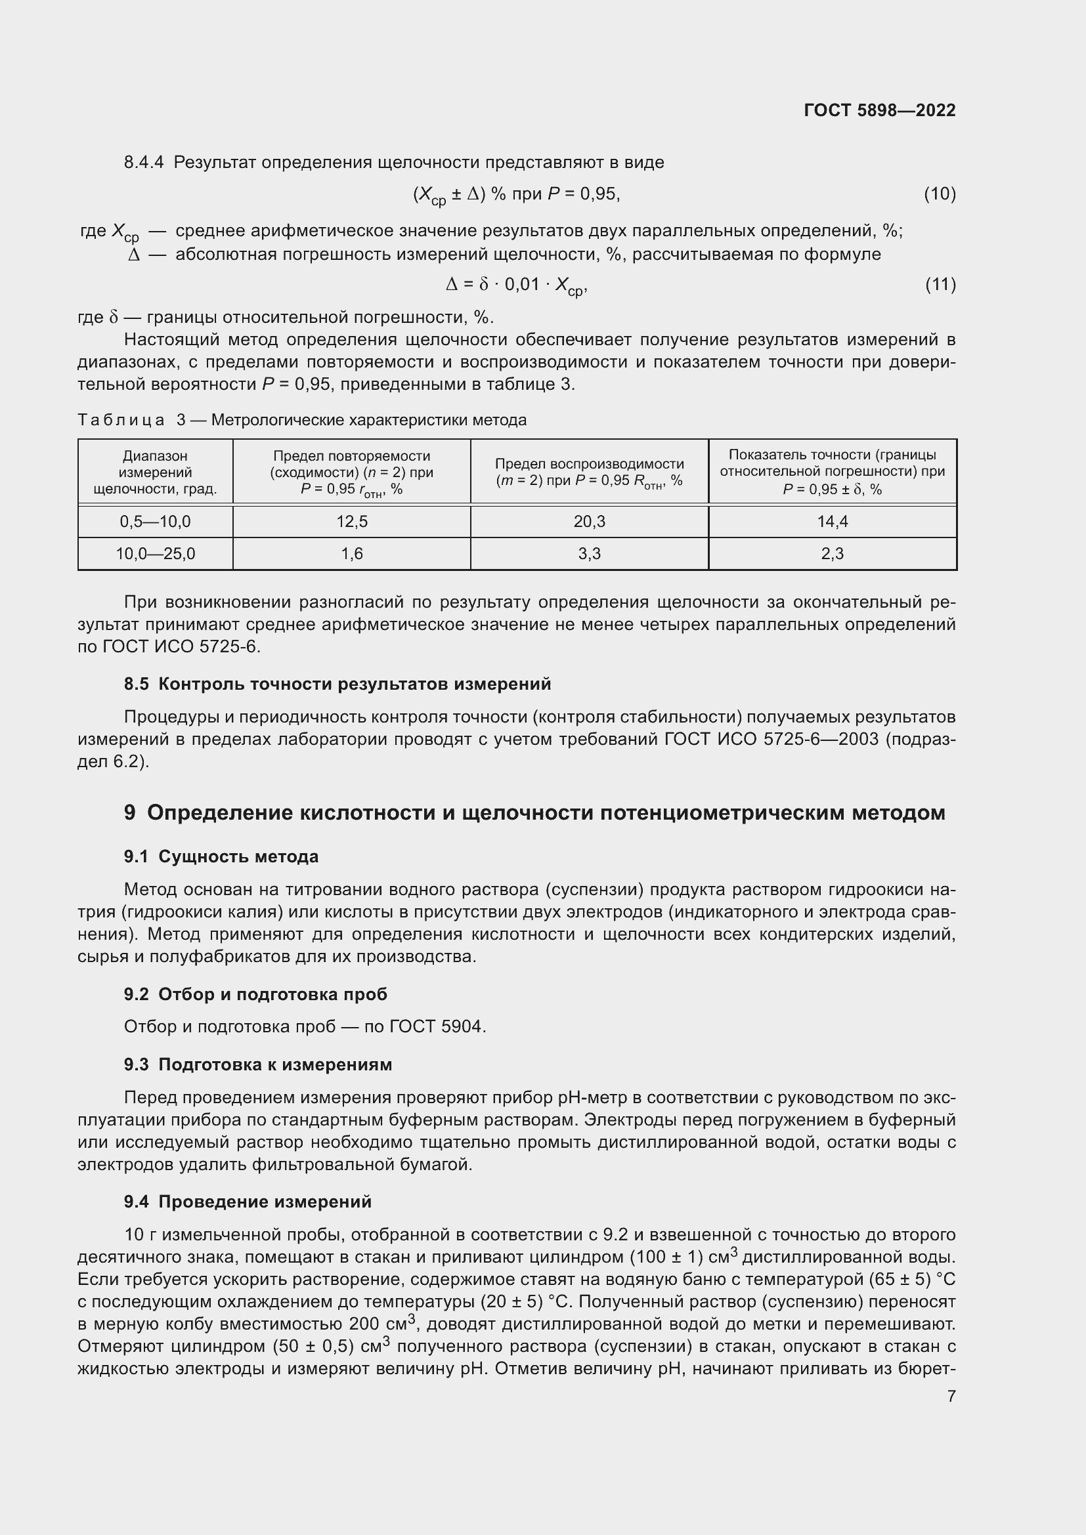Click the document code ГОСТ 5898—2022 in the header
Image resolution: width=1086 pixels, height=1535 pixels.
879,110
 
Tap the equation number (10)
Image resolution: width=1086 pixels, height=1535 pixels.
940,194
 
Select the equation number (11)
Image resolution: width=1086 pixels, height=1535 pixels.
940,285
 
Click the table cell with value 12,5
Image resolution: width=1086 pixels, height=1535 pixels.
352,522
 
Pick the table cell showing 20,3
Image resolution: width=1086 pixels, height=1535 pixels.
589,522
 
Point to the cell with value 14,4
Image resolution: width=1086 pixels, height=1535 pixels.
832,522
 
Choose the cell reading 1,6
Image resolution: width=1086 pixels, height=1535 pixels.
352,554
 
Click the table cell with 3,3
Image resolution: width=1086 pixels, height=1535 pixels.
589,554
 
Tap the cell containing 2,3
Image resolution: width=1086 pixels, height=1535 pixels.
832,554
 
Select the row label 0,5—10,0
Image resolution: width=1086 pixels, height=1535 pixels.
155,522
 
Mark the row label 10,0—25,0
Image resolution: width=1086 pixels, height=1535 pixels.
155,554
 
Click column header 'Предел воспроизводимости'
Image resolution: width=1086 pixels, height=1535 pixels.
589,472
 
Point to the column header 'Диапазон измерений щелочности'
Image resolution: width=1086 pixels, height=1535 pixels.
155,472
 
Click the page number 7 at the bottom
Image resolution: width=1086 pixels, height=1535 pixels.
951,1397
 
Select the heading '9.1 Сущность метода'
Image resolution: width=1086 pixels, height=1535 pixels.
221,856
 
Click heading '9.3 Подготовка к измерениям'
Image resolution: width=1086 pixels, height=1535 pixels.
257,1064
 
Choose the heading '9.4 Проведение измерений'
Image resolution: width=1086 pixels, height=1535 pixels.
248,1202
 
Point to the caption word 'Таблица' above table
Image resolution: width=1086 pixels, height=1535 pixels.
121,420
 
